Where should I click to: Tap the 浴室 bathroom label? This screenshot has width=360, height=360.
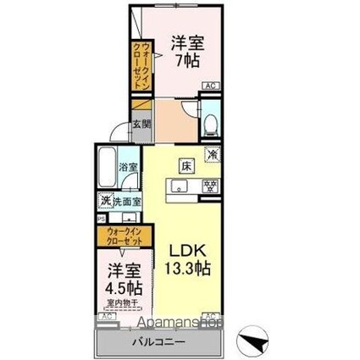tap(129, 168)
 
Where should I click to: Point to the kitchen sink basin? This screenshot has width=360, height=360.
tap(180, 186)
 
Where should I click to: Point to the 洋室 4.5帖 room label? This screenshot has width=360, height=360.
tap(124, 280)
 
